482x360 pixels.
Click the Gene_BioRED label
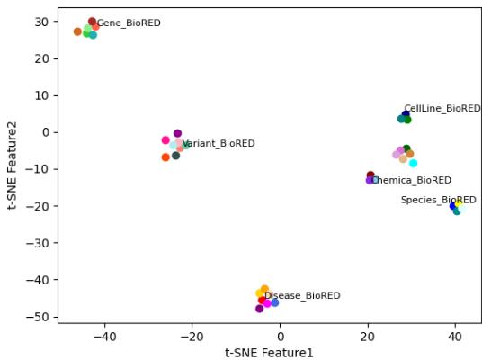click(x=129, y=23)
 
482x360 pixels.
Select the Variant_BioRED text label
click(x=219, y=144)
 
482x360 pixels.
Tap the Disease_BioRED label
click(x=302, y=296)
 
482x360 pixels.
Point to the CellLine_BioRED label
click(x=442, y=109)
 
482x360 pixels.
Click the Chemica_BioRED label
click(x=411, y=181)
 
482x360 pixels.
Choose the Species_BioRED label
click(x=438, y=201)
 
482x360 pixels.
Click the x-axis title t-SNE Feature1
click(x=269, y=353)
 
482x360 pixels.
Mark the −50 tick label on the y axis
click(x=39, y=317)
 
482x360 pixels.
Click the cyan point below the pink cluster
click(x=413, y=163)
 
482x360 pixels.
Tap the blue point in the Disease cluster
click(x=274, y=302)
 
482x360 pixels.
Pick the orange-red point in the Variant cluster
click(x=165, y=157)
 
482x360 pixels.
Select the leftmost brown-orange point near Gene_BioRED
click(x=77, y=31)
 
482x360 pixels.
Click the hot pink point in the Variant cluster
click(x=165, y=140)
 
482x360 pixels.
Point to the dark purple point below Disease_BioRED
click(x=259, y=309)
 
